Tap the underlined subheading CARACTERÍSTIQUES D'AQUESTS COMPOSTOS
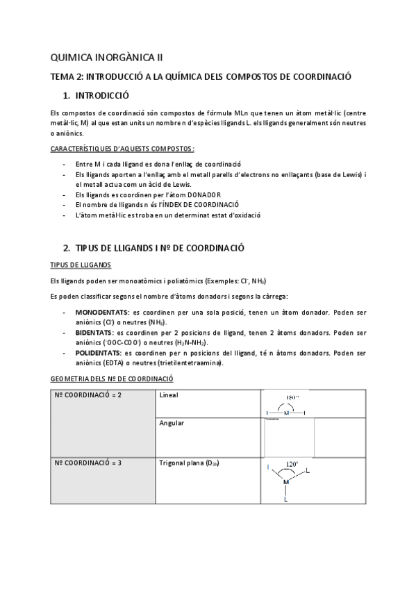(123, 149)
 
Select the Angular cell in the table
(171, 422)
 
